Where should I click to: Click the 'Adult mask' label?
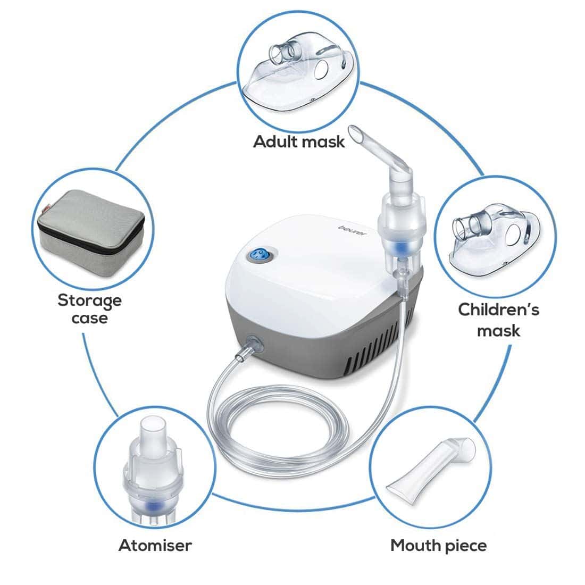[x=299, y=141]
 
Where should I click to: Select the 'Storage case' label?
[x=89, y=309]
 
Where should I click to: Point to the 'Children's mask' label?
[x=498, y=320]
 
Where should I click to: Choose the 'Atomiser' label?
[x=155, y=545]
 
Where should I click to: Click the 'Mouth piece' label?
[x=438, y=545]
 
